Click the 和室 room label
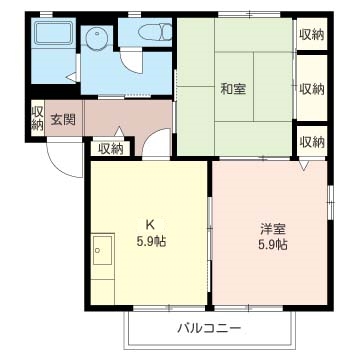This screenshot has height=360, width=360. point(233,88)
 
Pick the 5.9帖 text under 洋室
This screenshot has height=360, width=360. point(271,244)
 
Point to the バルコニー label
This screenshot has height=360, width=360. point(210,327)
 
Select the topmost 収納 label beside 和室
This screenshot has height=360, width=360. point(311,34)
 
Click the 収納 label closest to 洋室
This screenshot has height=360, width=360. point(311,141)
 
